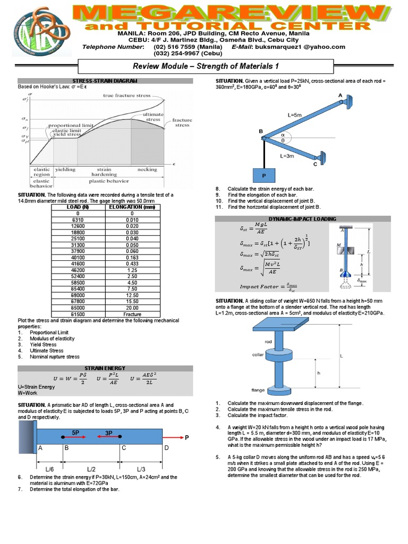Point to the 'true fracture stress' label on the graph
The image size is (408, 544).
[x=126, y=96]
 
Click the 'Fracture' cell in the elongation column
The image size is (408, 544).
[x=132, y=314]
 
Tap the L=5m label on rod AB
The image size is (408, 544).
[x=295, y=115]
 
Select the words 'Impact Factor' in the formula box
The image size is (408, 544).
[x=257, y=287]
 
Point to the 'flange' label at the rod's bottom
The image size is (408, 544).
[x=258, y=389]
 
